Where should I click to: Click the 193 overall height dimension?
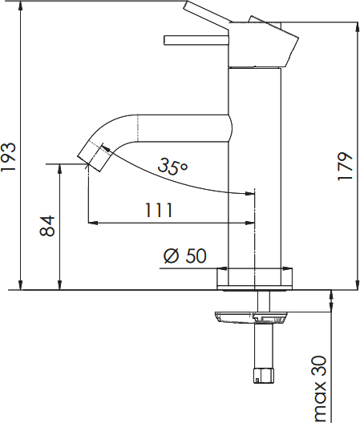pyautogui.click(x=9, y=157)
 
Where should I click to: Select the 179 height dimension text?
pyautogui.click(x=345, y=167)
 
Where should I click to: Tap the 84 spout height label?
pyautogui.click(x=47, y=226)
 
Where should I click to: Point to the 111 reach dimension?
pyautogui.click(x=159, y=210)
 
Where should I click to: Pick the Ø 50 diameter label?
pyautogui.click(x=185, y=256)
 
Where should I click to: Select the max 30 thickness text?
pyautogui.click(x=318, y=389)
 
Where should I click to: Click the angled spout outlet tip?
pyautogui.click(x=94, y=157)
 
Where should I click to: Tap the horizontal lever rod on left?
pyautogui.click(x=196, y=40)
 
